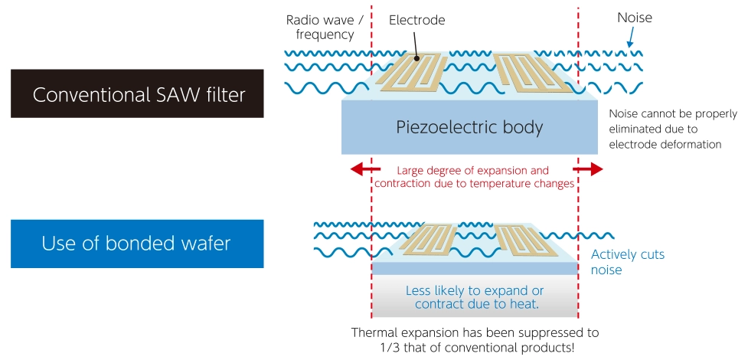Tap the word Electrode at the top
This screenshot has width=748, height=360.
416,20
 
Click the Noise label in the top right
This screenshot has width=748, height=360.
634,17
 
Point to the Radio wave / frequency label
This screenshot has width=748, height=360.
320,27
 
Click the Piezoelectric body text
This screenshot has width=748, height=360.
469,127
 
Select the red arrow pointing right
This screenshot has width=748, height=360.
589,169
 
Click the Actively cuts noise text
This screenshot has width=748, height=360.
628,262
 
